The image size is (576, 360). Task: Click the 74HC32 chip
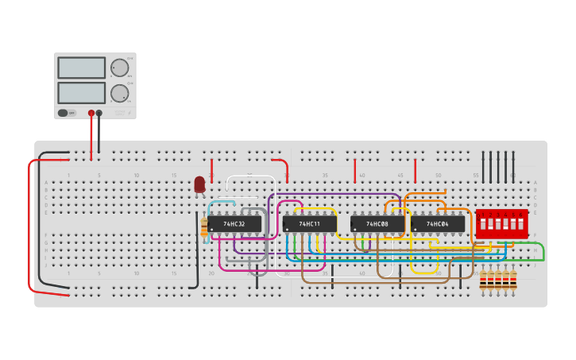(x=235, y=224)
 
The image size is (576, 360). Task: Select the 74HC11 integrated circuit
(x=309, y=224)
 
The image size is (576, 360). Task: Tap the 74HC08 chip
(x=377, y=224)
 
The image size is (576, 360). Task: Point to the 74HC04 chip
(x=438, y=224)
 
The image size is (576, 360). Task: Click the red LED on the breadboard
(x=199, y=184)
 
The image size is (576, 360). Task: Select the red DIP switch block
(x=501, y=223)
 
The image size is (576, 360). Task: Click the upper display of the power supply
(x=81, y=68)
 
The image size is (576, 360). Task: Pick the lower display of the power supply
(x=81, y=93)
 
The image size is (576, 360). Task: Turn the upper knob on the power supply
(x=119, y=68)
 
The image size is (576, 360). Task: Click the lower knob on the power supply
(x=119, y=93)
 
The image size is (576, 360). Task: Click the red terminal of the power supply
(x=91, y=113)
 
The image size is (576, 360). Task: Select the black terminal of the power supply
(x=99, y=113)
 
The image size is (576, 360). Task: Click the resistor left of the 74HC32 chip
(x=204, y=228)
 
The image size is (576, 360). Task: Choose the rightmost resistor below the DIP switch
(x=513, y=281)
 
